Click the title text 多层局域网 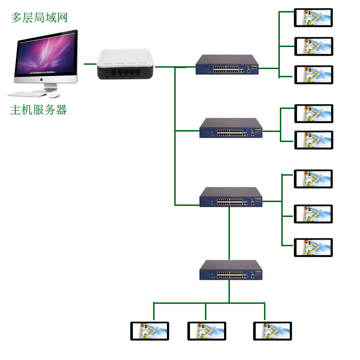pos(39,18)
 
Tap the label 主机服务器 pos(38,110)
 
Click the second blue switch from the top pos(231,128)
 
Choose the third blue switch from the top pos(231,197)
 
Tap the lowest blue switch pos(231,270)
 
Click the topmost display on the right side pos(313,18)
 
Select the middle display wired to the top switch pos(313,46)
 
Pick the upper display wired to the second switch pos(313,113)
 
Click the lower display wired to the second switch pos(313,140)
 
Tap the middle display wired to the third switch pos(313,214)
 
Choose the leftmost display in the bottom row pos(150,331)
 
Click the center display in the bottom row pos(206,331)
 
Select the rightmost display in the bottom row pos(272,331)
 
